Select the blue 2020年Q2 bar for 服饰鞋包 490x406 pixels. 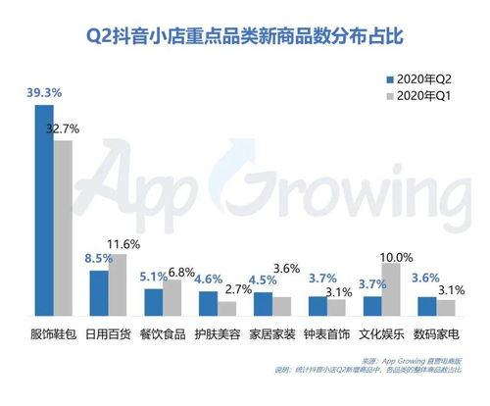point(44,210)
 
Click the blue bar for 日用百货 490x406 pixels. point(98,292)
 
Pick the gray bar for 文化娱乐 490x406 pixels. point(390,288)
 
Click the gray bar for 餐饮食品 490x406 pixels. point(172,297)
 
